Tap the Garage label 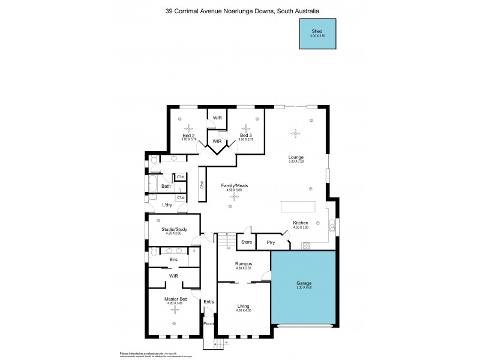coord(303,283)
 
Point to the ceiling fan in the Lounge coord(295,133)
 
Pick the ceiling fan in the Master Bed coord(176,310)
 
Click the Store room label coord(246,242)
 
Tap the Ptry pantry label coord(271,242)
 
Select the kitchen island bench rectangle coord(298,206)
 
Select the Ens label coord(173,259)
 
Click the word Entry coord(208,301)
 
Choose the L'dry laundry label coord(167,206)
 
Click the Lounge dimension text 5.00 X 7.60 coord(296,161)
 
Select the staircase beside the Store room coord(225,241)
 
